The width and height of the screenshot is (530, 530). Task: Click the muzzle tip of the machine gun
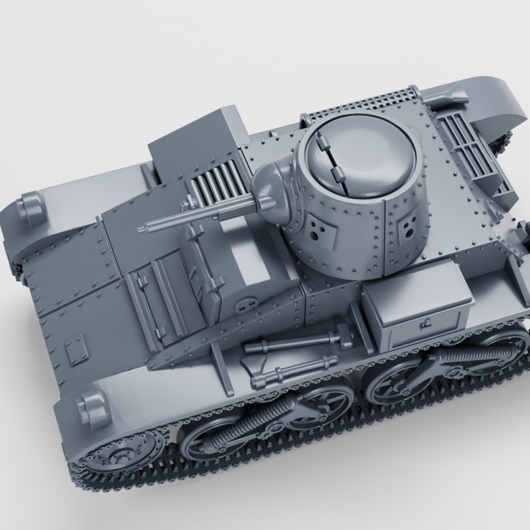click(141, 231)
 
